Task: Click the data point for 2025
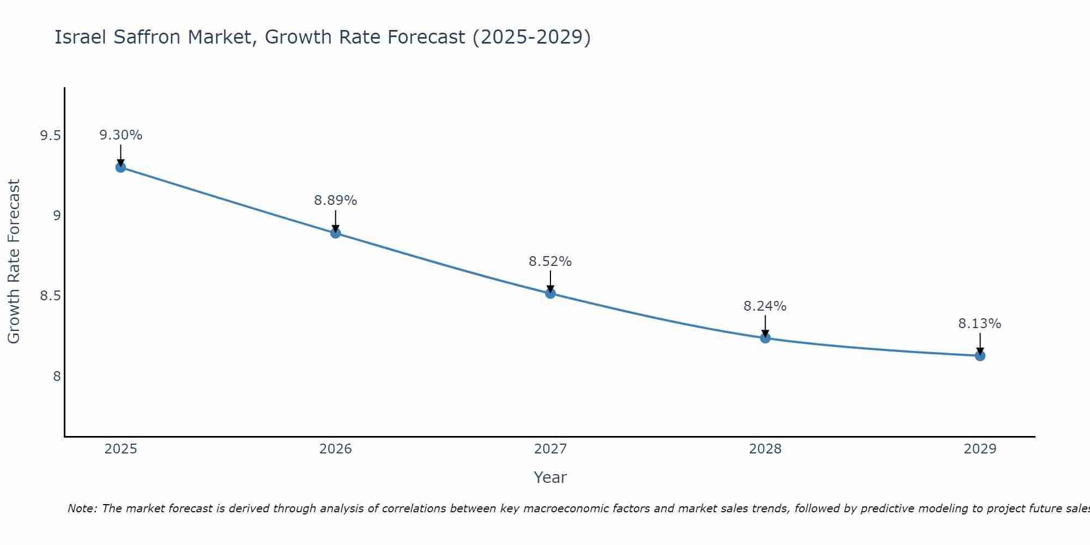120,167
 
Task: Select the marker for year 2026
336,233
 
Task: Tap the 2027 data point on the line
550,293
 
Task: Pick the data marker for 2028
765,338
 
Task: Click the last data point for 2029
980,356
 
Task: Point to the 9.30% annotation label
120,135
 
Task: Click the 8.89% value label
336,201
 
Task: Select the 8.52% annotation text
550,262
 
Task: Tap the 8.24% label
765,306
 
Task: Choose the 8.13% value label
980,324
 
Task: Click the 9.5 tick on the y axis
50,136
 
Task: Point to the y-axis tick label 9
57,216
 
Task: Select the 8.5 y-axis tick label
50,296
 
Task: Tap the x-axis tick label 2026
336,449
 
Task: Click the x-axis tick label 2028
765,449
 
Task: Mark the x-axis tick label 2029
980,449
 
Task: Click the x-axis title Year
550,477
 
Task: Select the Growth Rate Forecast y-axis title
14,262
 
